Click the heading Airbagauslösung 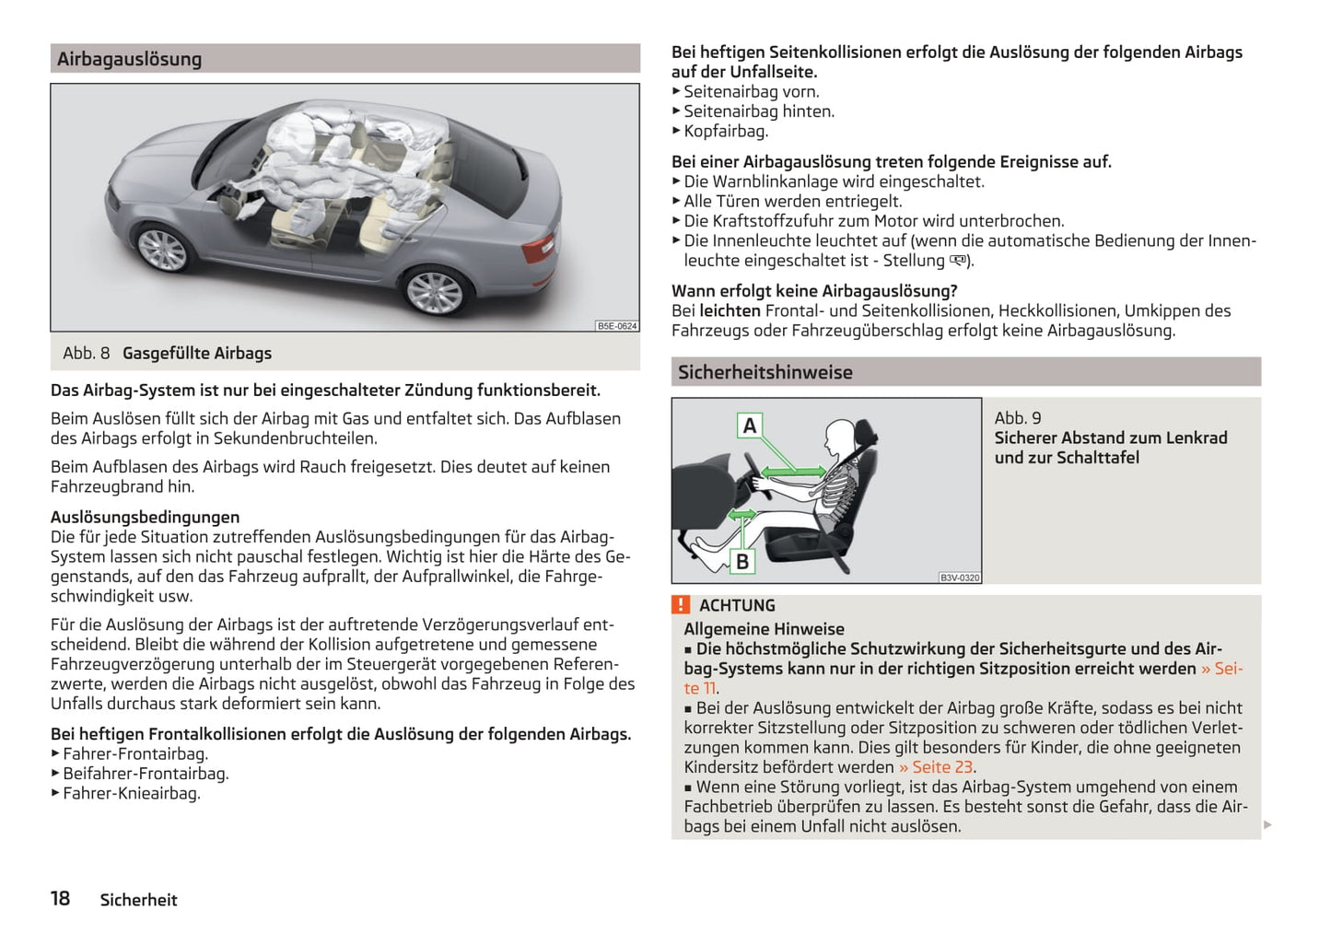pos(129,59)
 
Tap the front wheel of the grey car pos(163,248)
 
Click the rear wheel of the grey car pos(433,291)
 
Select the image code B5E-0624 pos(616,326)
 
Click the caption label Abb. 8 pos(86,354)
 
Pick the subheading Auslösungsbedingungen pos(145,518)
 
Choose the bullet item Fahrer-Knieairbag pos(131,794)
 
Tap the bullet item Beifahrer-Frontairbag pos(146,774)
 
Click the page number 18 pos(60,899)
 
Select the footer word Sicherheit pos(138,900)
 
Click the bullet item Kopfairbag pos(726,131)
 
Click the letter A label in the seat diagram pos(750,426)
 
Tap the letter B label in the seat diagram pos(742,561)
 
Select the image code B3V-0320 pos(960,577)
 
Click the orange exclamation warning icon pos(681,605)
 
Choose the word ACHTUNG pos(737,606)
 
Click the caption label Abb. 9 pos(1017,418)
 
